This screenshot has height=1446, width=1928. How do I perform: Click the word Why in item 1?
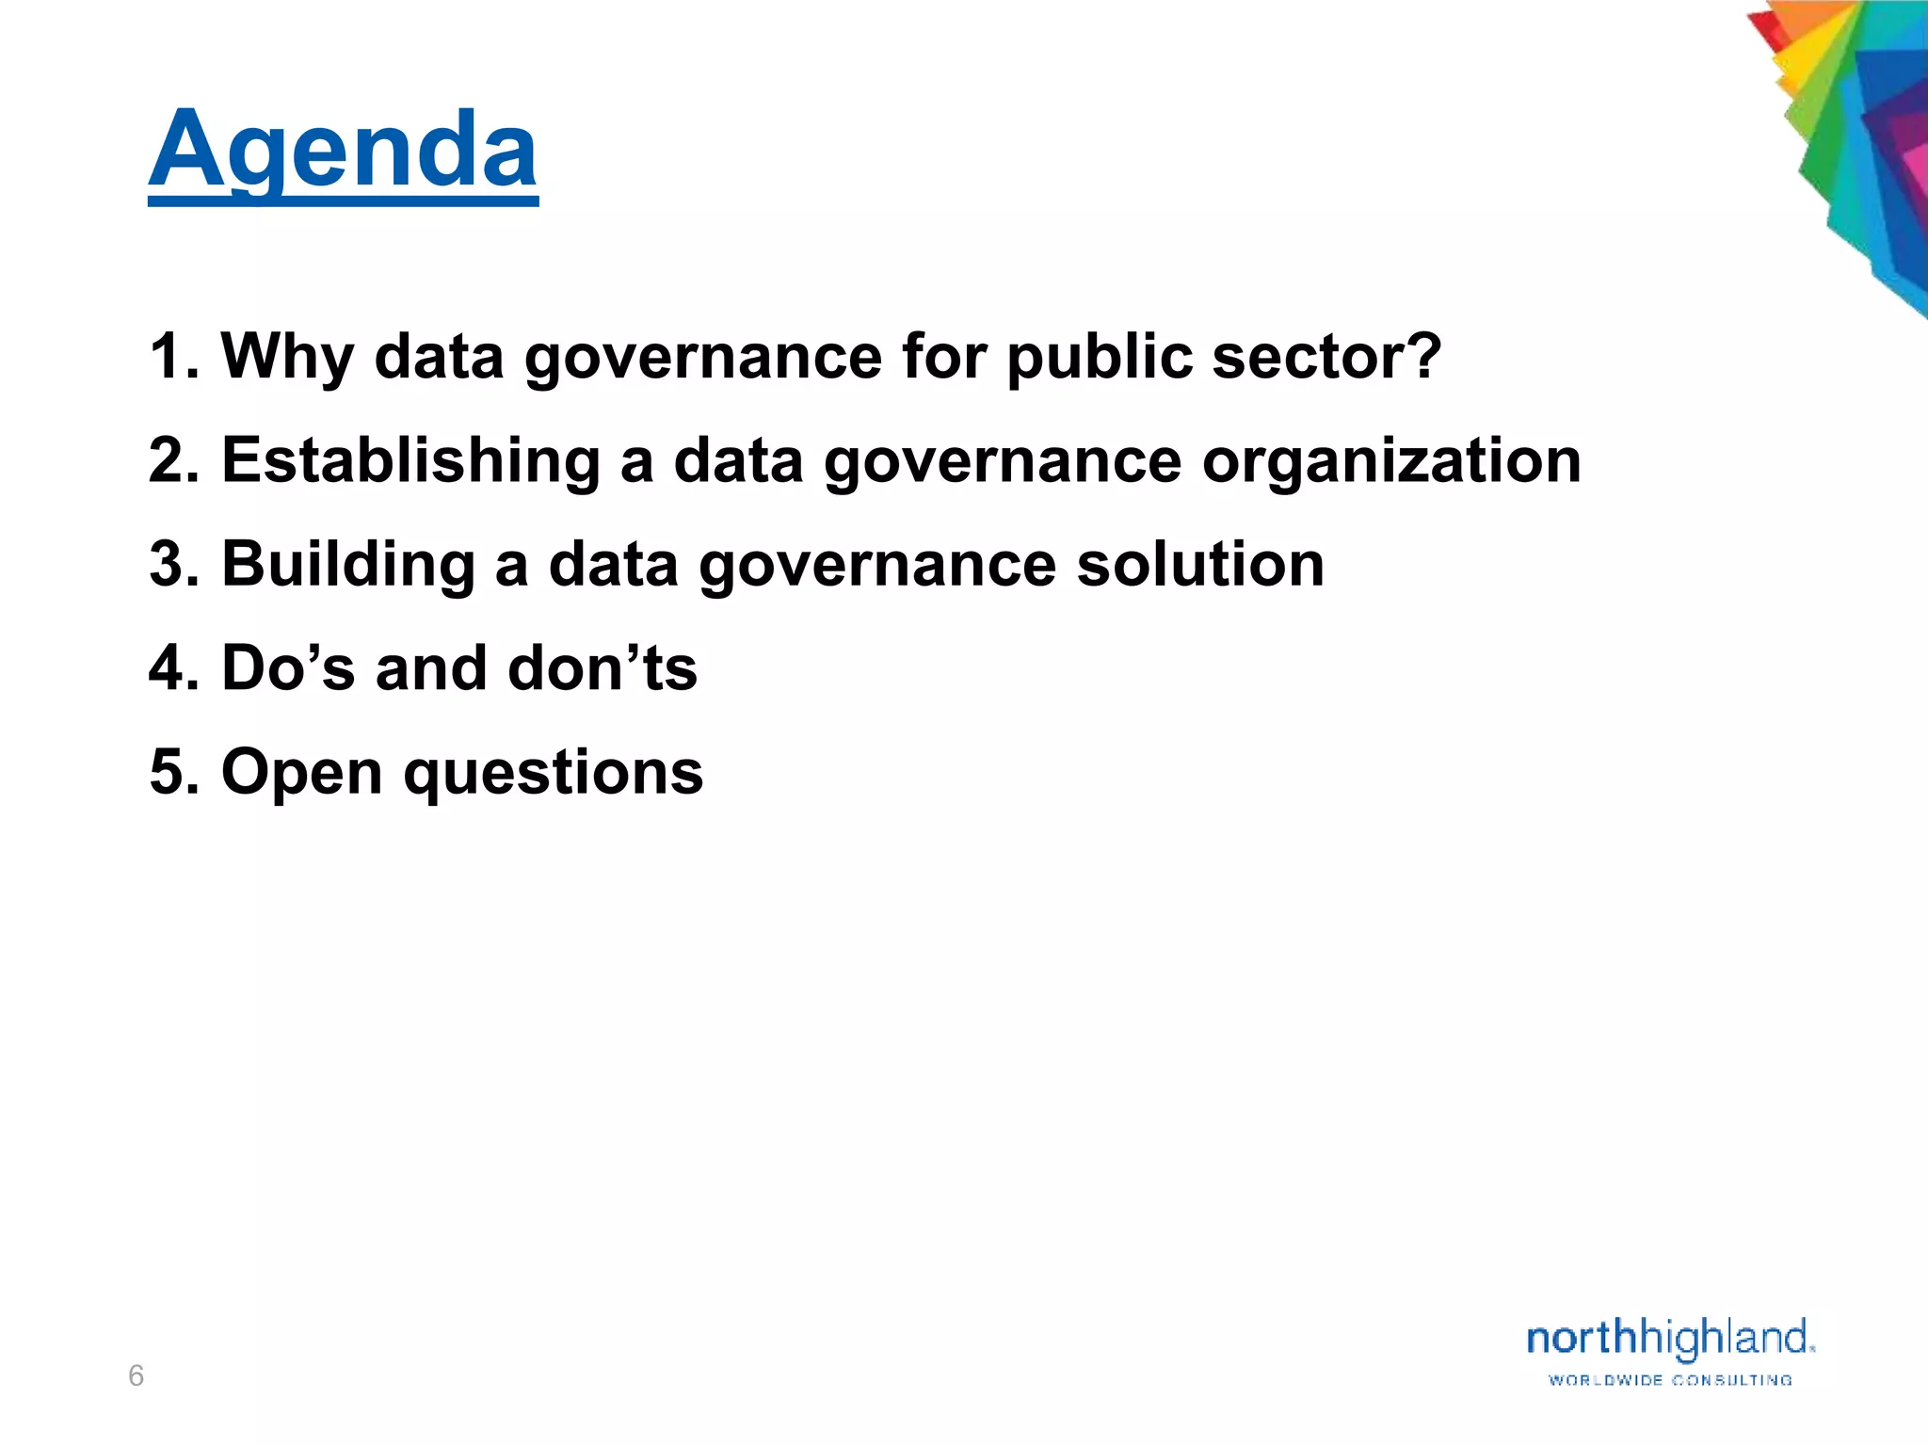pyautogui.click(x=287, y=358)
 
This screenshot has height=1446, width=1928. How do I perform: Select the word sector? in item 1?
pyautogui.click(x=1327, y=358)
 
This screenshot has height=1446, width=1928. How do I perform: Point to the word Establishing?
pyautogui.click(x=410, y=461)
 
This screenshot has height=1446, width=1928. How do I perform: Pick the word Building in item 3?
pyautogui.click(x=348, y=565)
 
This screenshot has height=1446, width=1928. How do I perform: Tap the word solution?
pyautogui.click(x=1200, y=565)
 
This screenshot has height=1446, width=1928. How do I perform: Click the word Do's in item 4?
pyautogui.click(x=288, y=668)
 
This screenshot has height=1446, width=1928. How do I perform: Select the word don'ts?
pyautogui.click(x=602, y=668)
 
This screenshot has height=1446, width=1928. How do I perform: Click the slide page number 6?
pyautogui.click(x=136, y=1376)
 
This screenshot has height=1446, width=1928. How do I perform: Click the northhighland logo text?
pyautogui.click(x=1669, y=1339)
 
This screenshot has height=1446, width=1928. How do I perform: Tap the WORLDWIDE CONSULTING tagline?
pyautogui.click(x=1670, y=1380)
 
